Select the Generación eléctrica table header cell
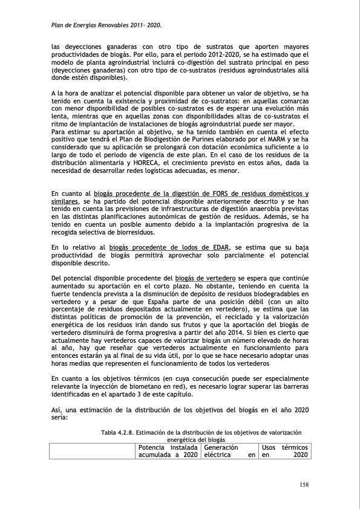229,450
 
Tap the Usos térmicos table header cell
284,450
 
